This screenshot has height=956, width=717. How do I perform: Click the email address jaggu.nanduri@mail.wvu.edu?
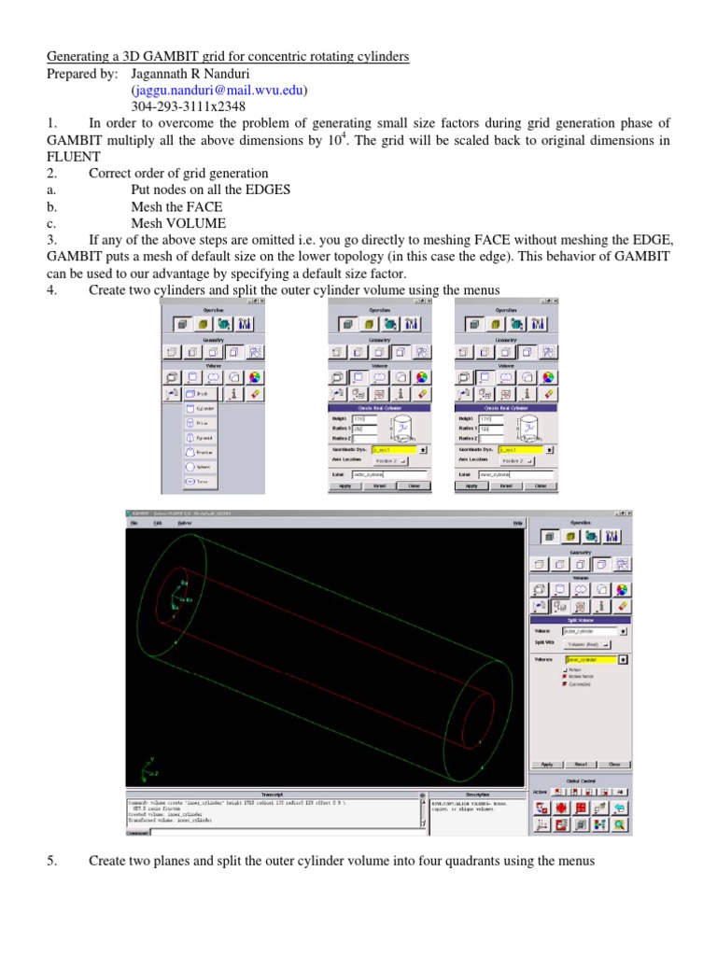[x=218, y=91]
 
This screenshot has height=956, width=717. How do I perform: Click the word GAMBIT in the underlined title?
[x=156, y=57]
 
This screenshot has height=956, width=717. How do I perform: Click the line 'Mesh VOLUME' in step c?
[x=178, y=223]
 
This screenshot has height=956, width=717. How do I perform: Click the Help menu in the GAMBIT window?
[x=516, y=524]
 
